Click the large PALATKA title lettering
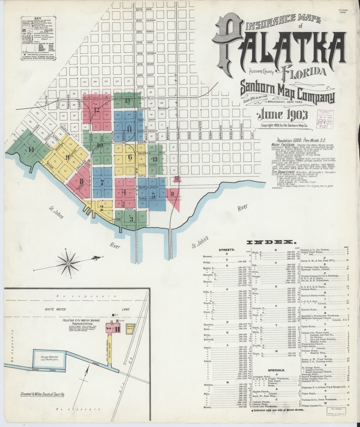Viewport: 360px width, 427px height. click(x=281, y=46)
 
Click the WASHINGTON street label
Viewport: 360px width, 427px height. click(x=200, y=131)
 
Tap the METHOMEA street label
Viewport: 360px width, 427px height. click(x=242, y=131)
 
